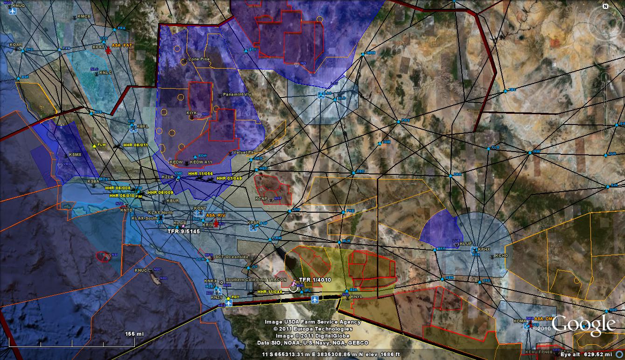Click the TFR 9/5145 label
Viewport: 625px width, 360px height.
pos(183,230)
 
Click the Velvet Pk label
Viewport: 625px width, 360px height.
pos(243,152)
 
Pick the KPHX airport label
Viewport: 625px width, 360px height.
pos(484,249)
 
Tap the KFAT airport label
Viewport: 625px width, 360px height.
pos(98,47)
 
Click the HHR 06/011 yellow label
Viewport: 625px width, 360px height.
pos(136,145)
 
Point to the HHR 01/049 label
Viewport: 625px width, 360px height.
pos(229,178)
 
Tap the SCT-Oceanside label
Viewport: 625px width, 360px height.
pos(232,257)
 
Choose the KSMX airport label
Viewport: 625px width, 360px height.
pos(75,154)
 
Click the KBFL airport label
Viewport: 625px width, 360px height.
pos(142,126)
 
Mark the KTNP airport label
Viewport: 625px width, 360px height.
pos(262,198)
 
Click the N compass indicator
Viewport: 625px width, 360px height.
pos(605,7)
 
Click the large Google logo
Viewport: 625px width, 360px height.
pos(583,325)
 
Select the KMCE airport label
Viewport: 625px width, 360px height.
pos(84,16)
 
